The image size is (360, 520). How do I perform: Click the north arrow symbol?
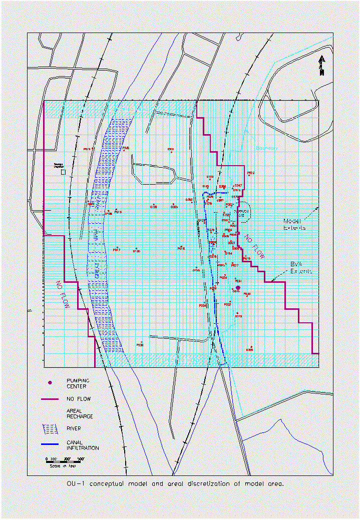pos(322,66)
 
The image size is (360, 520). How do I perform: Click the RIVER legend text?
pos(74,428)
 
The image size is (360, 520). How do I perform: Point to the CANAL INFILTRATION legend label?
pos(82,445)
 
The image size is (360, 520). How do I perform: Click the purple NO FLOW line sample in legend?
pos(50,399)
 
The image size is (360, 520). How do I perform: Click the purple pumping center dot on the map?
pos(238,288)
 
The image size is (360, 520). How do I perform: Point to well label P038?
pos(140,344)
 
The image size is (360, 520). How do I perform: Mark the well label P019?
pos(88,149)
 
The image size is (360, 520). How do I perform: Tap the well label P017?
pos(116,249)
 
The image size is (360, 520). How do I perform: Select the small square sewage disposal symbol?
pos(63,172)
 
